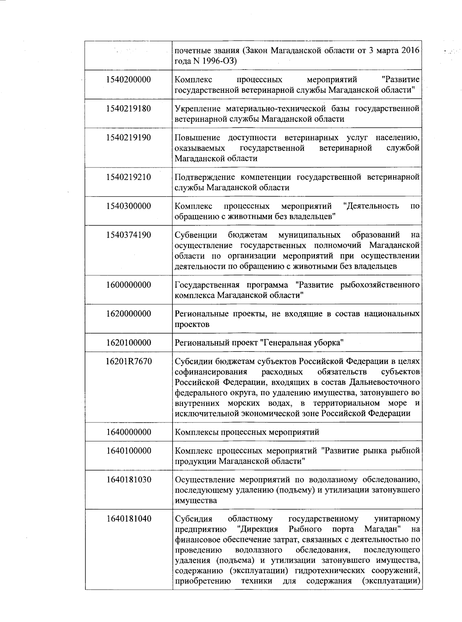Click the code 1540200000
[x=129, y=80]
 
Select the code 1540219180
[x=129, y=109]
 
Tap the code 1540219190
[x=129, y=137]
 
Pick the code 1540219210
[x=129, y=177]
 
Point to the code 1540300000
[x=129, y=206]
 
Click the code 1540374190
[x=129, y=235]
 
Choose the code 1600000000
[x=129, y=285]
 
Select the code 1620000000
[x=129, y=314]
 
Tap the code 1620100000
[x=129, y=343]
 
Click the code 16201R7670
[x=129, y=362]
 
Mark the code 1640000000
[x=129, y=432]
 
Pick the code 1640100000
[x=129, y=451]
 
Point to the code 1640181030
[x=129, y=480]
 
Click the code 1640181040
[x=129, y=519]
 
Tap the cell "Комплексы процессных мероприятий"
[x=247, y=432]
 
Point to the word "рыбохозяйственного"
[x=380, y=285]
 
